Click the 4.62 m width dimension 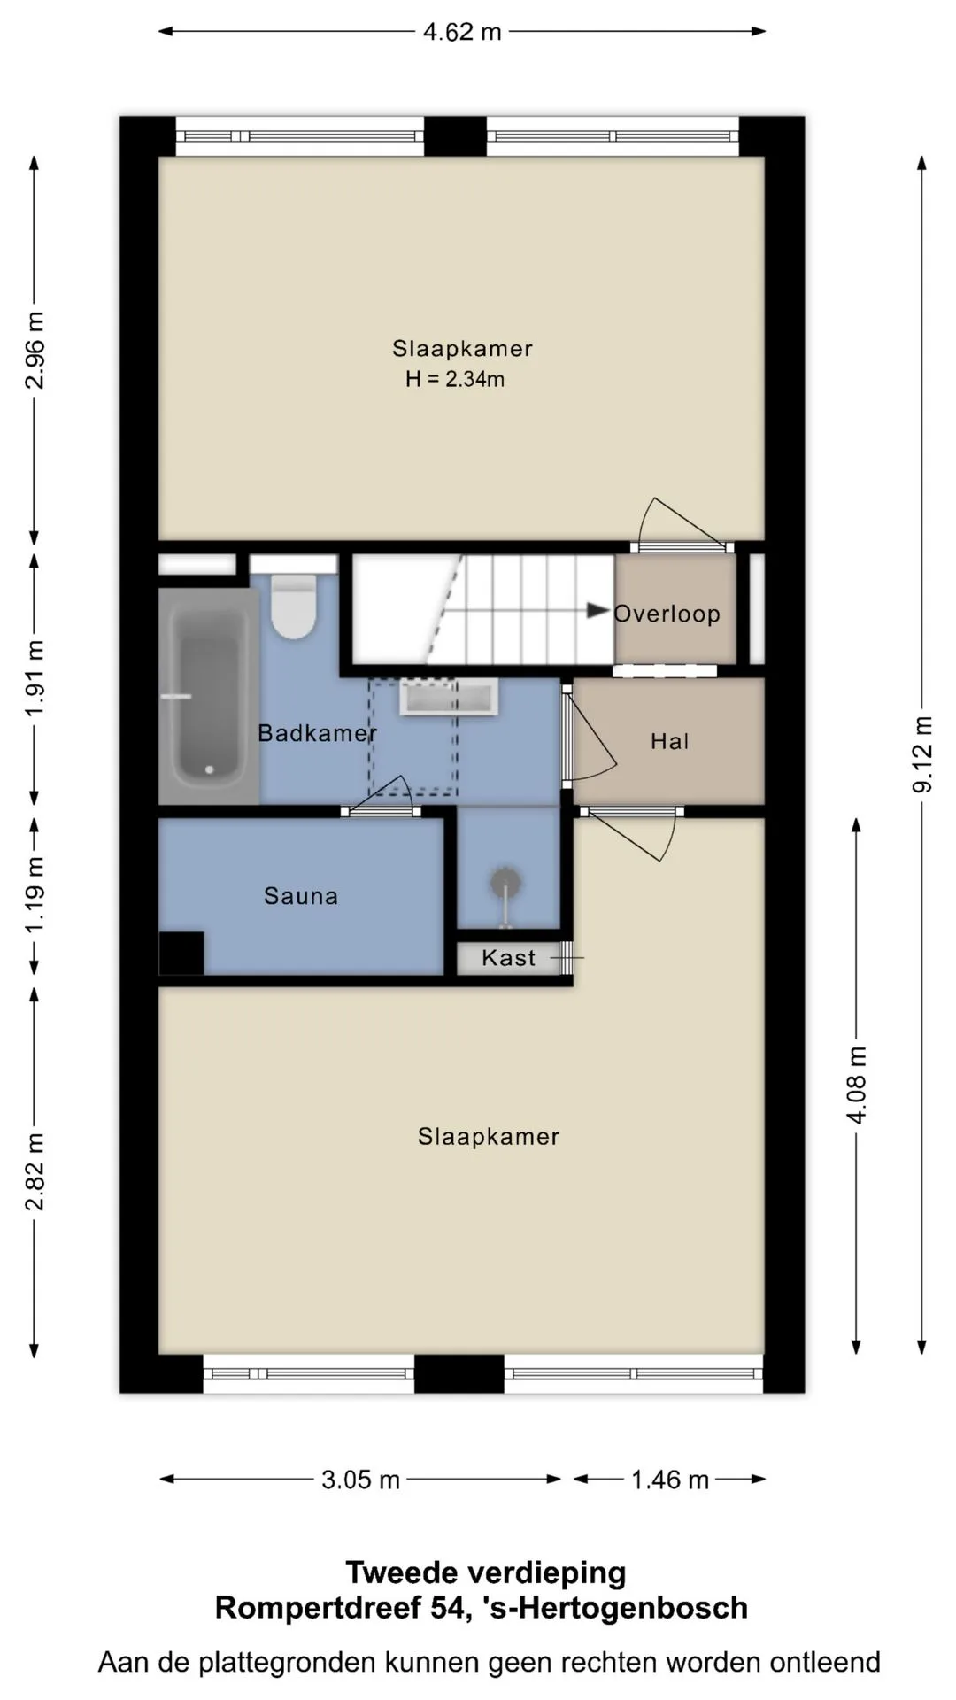(x=462, y=32)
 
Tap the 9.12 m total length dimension (x=922, y=754)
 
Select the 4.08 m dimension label (x=857, y=1085)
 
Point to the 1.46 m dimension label (x=670, y=1480)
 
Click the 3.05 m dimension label (x=361, y=1480)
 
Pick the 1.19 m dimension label (x=35, y=894)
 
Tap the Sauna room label (x=301, y=896)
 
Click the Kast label (x=509, y=957)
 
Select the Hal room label (x=670, y=741)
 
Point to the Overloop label (x=667, y=614)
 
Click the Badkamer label (x=318, y=733)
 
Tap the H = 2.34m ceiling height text (x=455, y=379)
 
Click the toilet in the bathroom (x=294, y=607)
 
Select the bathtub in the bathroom (x=209, y=696)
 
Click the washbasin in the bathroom (x=449, y=697)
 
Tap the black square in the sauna (x=181, y=953)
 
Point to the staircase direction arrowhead (x=598, y=611)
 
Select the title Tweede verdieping (x=486, y=1572)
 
